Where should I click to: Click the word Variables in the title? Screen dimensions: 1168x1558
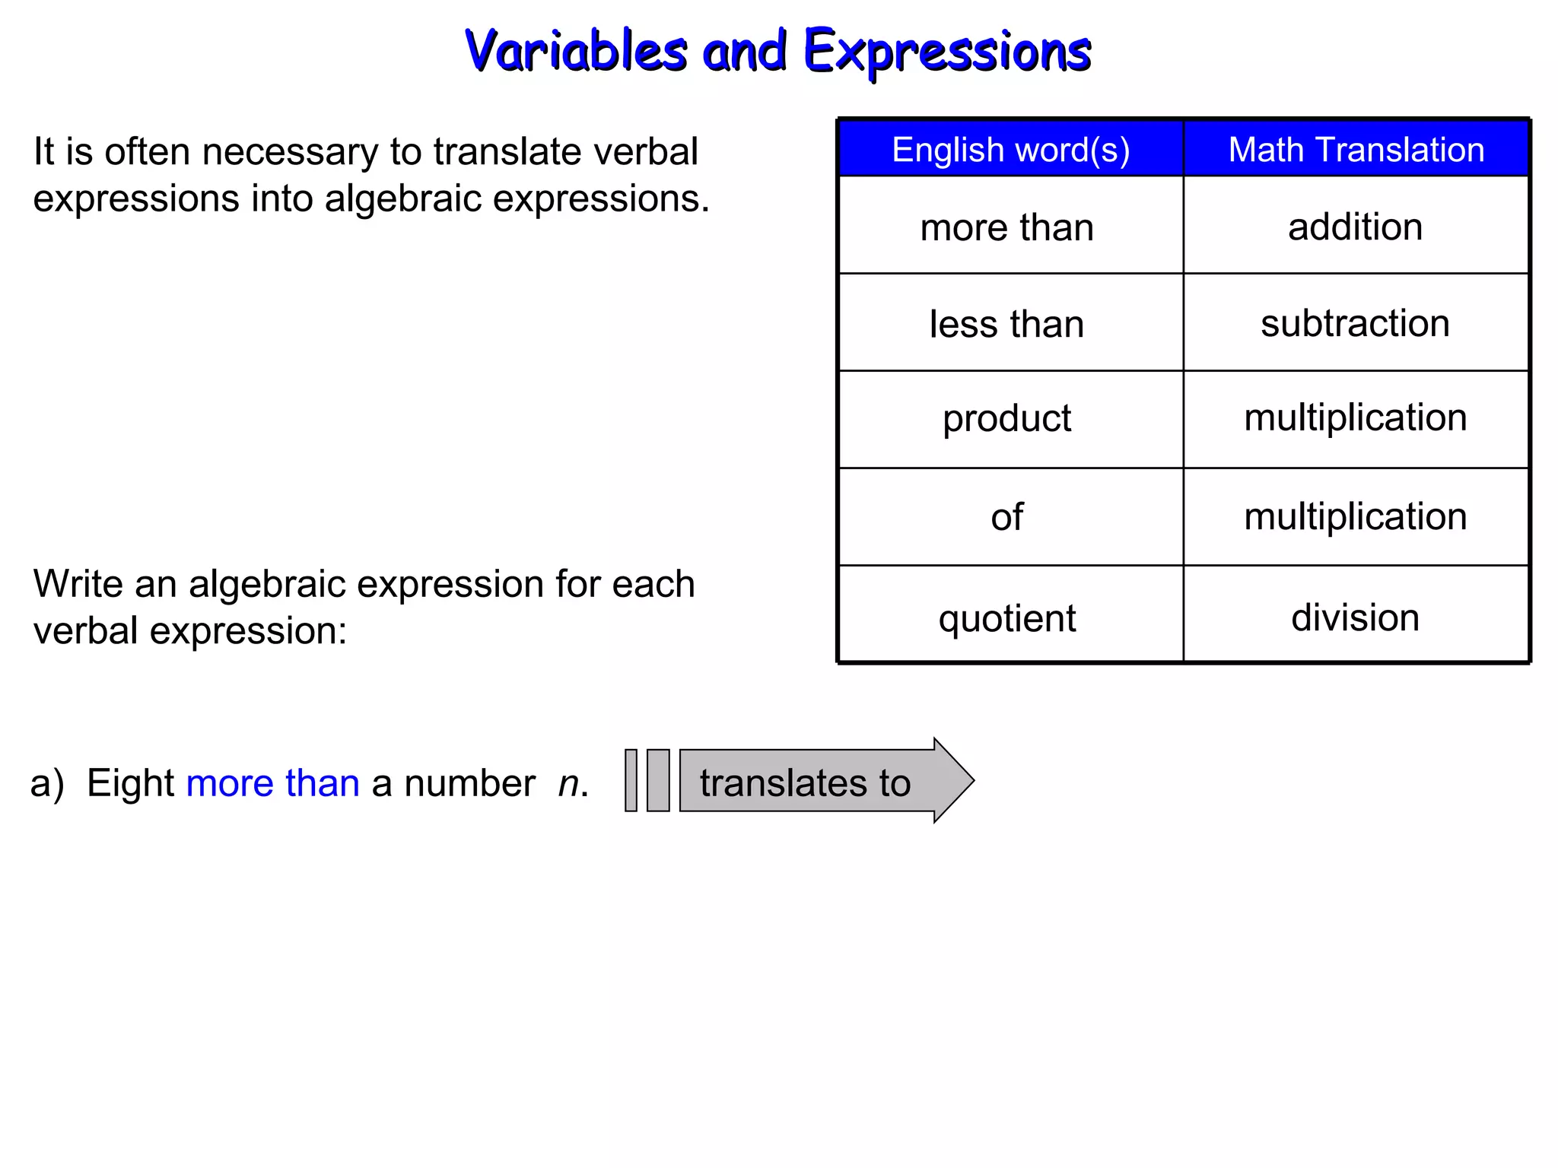tap(576, 50)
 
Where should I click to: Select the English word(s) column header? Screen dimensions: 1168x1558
tap(1010, 149)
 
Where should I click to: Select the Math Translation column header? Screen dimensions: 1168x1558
tap(1356, 149)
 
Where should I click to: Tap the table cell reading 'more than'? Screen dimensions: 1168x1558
tap(1006, 227)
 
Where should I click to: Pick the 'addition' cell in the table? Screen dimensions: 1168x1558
tap(1355, 227)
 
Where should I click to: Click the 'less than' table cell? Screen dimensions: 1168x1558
tap(1006, 324)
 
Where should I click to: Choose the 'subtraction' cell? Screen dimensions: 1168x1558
tap(1355, 323)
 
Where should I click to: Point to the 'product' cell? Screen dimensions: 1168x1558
tap(1006, 418)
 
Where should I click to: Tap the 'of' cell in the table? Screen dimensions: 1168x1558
tap(1006, 517)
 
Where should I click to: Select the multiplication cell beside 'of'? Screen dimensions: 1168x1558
tap(1355, 516)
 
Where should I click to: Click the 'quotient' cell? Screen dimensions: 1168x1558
tap(1006, 617)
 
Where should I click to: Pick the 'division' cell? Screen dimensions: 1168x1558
tap(1355, 617)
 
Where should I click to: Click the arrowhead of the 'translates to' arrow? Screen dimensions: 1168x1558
tap(953, 780)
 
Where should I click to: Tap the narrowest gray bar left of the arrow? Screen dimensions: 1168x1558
tap(631, 780)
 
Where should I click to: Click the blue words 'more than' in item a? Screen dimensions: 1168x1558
tap(272, 783)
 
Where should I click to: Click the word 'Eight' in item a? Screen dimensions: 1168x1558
tap(130, 783)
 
